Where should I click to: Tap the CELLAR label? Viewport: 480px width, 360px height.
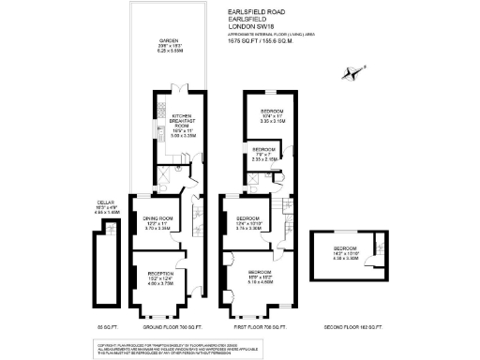(105, 203)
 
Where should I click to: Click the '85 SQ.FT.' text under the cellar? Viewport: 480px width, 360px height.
(105, 326)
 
